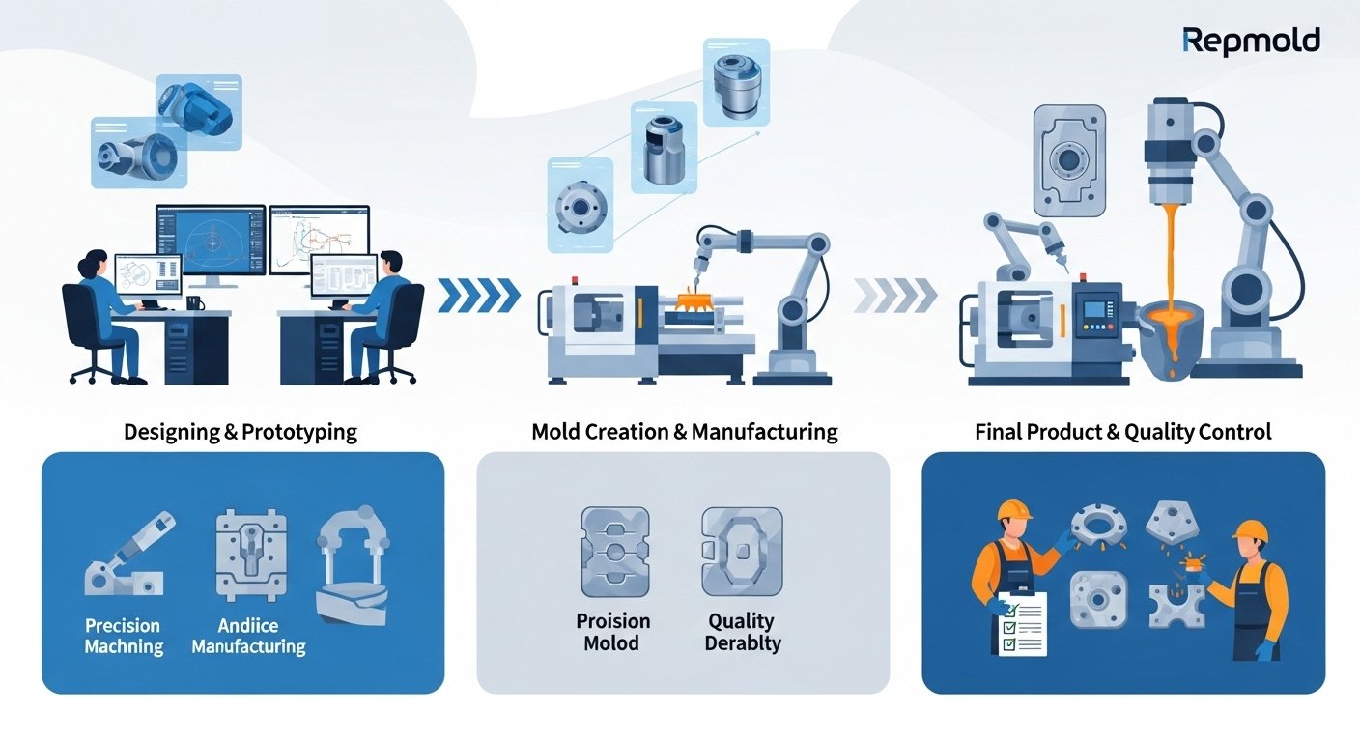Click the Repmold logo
1251,41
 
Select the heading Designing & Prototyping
241,431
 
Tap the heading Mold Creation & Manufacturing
685,431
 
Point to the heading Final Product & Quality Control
1123,431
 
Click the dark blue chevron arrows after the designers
478,296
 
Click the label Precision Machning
123,636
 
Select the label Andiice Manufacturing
248,636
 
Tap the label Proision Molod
613,631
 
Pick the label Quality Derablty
741,631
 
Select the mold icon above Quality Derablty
741,552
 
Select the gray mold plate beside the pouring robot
1068,160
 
